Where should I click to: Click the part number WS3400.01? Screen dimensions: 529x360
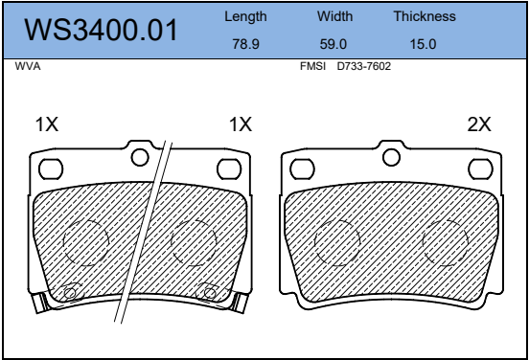(x=101, y=30)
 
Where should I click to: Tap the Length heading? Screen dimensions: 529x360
(x=245, y=16)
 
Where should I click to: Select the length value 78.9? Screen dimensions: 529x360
(x=245, y=44)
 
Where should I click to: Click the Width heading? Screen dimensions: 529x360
(x=335, y=16)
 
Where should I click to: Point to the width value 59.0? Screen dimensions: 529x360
(x=333, y=44)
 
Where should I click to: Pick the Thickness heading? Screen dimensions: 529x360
(x=425, y=16)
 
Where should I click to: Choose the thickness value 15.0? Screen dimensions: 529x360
(x=423, y=44)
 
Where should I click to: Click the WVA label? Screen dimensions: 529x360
(x=28, y=66)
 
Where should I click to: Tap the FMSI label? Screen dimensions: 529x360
(x=312, y=66)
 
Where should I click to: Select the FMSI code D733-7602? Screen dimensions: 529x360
(x=364, y=66)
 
